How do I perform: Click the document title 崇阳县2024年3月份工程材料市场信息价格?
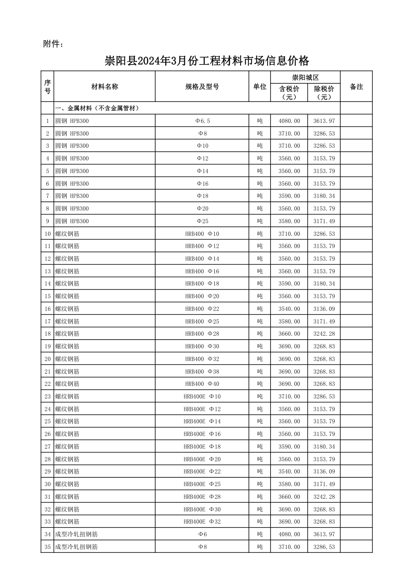pyautogui.click(x=207, y=61)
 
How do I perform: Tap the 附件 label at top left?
pyautogui.click(x=53, y=44)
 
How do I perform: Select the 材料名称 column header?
pyautogui.click(x=105, y=87)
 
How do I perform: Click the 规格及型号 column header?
pyautogui.click(x=202, y=87)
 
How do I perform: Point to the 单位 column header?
pyautogui.click(x=260, y=87)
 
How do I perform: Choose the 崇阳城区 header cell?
pyautogui.click(x=305, y=77)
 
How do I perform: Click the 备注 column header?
pyautogui.click(x=356, y=87)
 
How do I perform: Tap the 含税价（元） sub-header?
pyautogui.click(x=289, y=92)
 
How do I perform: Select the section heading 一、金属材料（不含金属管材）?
pyautogui.click(x=97, y=108)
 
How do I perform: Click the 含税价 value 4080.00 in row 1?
pyautogui.click(x=289, y=121)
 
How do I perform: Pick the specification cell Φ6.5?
pyautogui.click(x=202, y=121)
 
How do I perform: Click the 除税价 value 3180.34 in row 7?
pyautogui.click(x=324, y=196)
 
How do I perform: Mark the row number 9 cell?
pyautogui.click(x=48, y=221)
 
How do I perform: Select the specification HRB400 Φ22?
pyautogui.click(x=202, y=309)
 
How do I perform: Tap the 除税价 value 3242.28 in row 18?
pyautogui.click(x=324, y=334)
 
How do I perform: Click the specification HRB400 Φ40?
pyautogui.click(x=202, y=384)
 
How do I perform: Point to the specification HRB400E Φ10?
pyautogui.click(x=202, y=397)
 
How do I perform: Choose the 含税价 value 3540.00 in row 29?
pyautogui.click(x=289, y=472)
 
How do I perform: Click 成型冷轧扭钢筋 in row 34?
pyautogui.click(x=76, y=535)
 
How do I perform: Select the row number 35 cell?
pyautogui.click(x=48, y=547)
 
